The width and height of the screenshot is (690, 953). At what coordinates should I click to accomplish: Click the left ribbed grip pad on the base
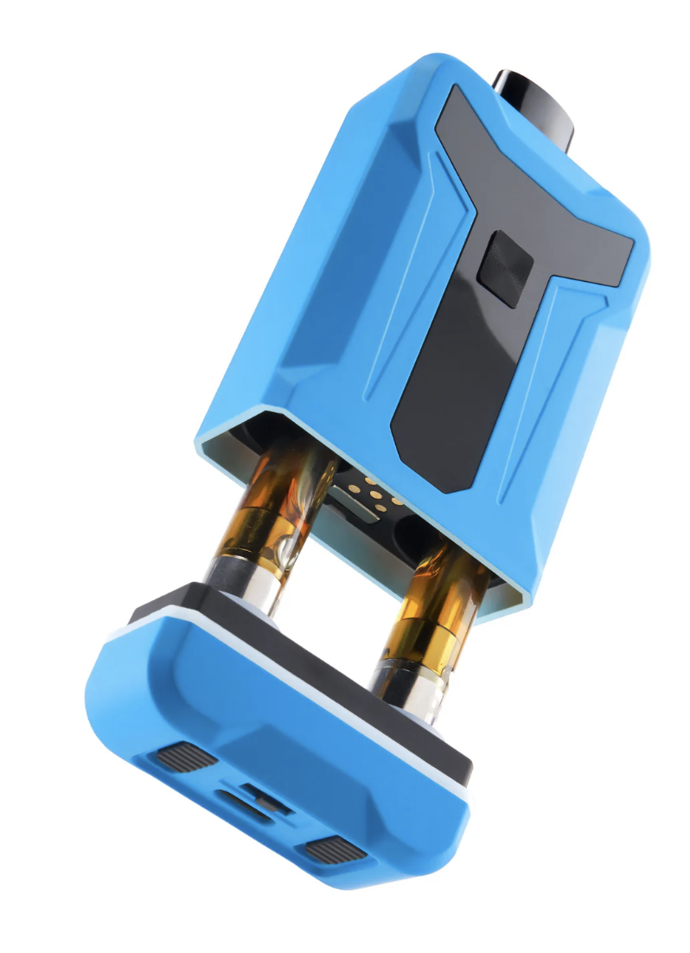tap(187, 758)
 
